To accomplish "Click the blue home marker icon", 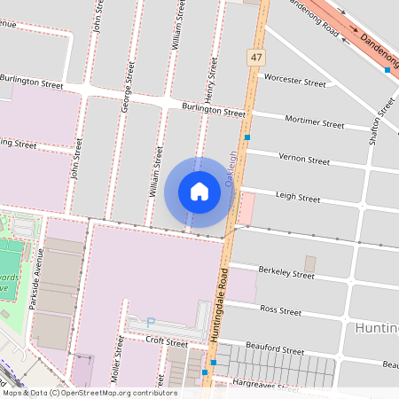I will coord(199,191).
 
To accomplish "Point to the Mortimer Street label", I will coord(315,122).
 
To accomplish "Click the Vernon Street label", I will coord(304,160).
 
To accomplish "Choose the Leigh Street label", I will coord(298,197).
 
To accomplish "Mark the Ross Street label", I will coord(281,310).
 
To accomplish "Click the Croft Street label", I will coord(168,342).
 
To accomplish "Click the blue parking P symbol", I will coord(150,322).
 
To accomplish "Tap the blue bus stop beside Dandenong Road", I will coord(387,69).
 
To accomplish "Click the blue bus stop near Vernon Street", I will coord(247,138).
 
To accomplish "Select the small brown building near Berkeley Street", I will coord(309,263).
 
